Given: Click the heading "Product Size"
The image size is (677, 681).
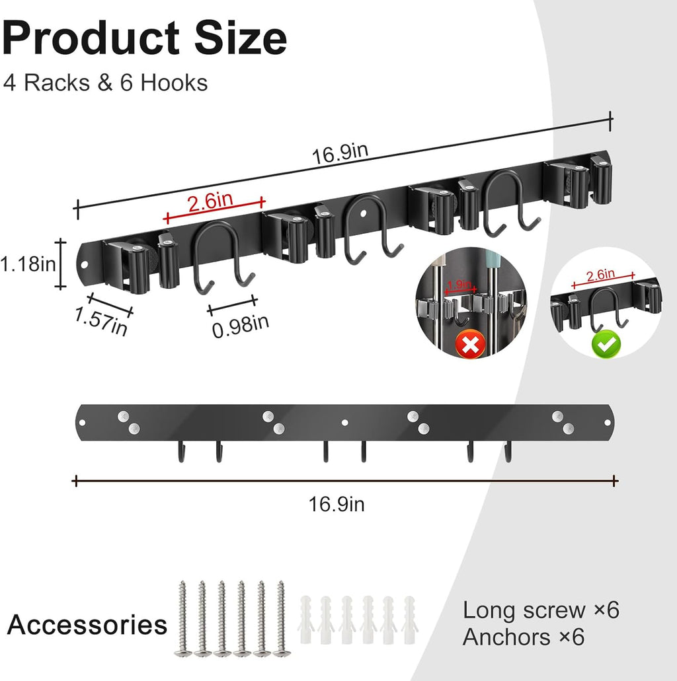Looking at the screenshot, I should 144,38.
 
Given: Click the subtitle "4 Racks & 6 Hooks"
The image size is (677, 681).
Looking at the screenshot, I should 105,83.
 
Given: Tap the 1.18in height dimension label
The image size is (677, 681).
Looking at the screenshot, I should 27,265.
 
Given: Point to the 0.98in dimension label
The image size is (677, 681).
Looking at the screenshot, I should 241,324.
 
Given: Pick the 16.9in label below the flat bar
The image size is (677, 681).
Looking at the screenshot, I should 337,505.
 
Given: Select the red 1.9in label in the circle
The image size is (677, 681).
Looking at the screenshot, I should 459,285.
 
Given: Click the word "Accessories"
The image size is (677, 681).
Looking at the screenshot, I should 87,624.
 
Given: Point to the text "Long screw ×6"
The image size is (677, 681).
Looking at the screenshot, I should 541,610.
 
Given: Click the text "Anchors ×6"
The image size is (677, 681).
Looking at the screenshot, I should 524,637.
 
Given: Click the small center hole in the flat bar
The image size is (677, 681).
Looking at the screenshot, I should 344,420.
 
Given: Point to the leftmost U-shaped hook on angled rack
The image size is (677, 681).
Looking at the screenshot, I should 223,257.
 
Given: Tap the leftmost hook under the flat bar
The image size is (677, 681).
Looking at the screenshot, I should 179,452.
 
